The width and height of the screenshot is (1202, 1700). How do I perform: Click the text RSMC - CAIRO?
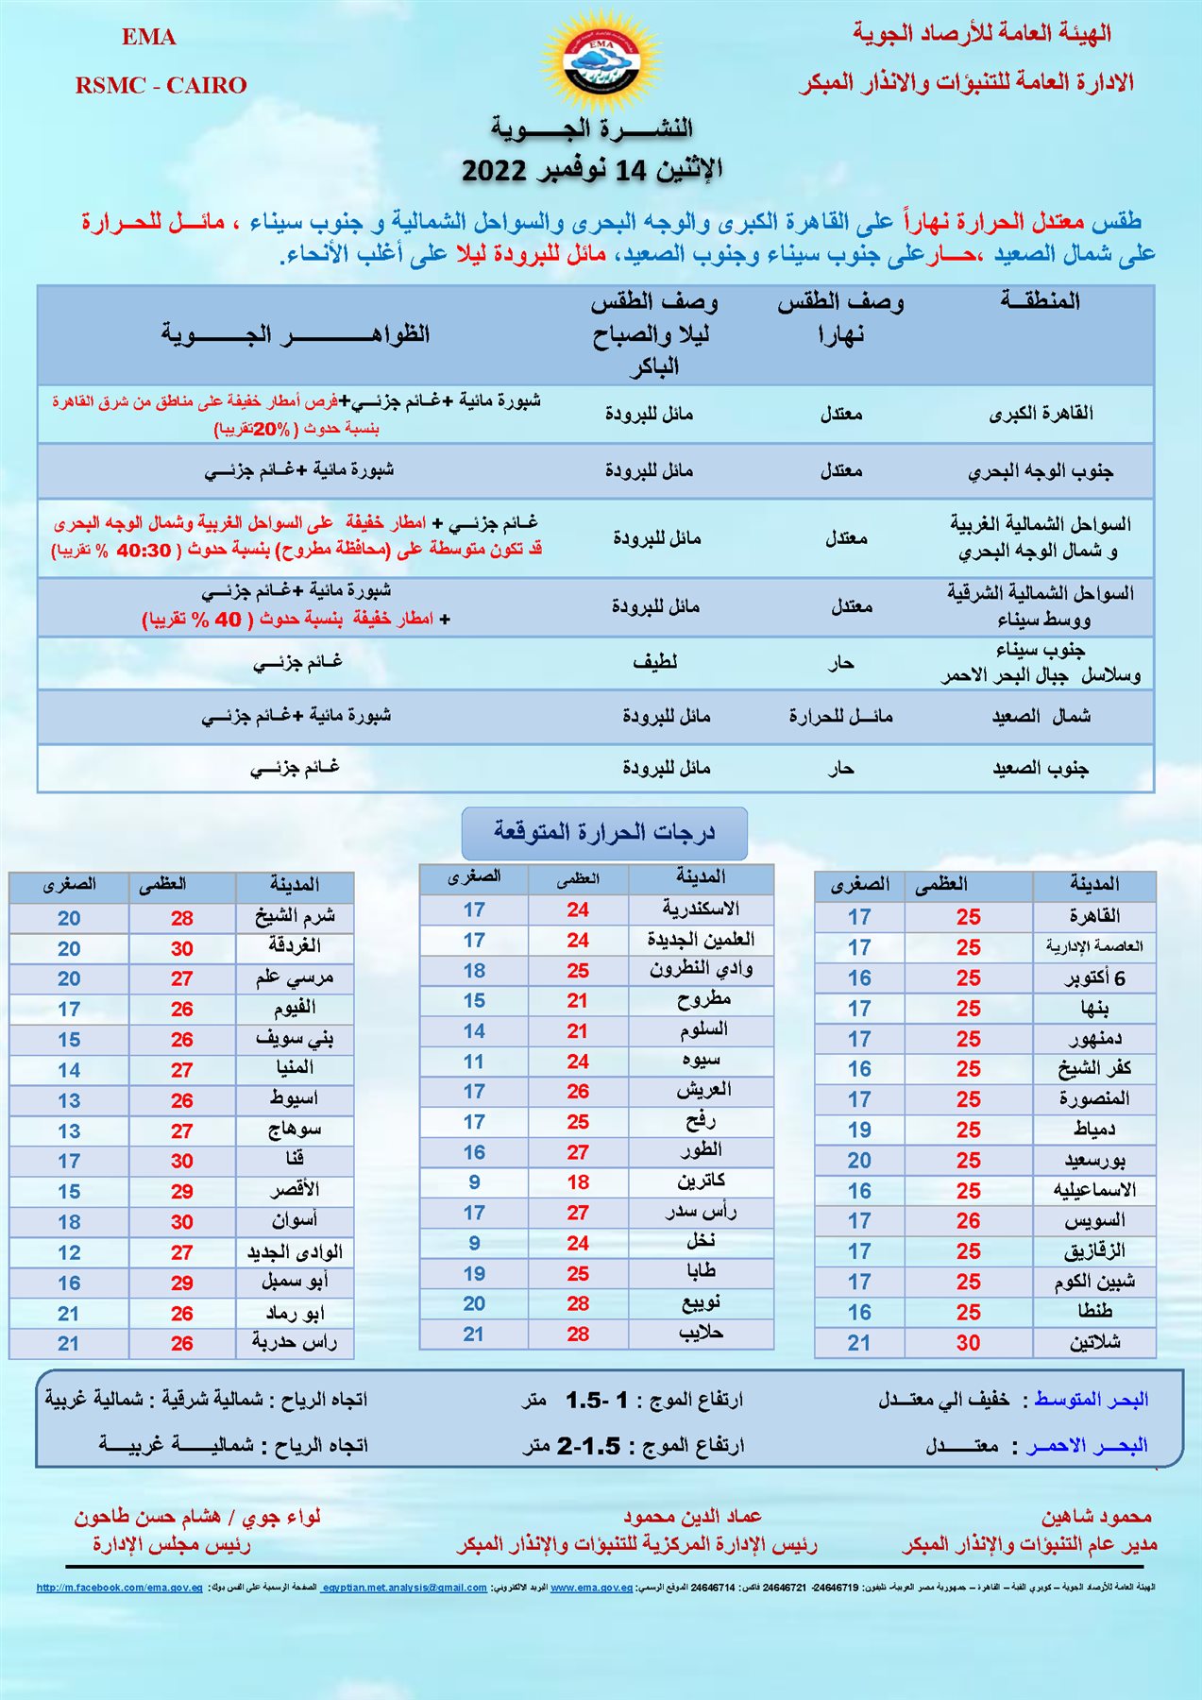(161, 85)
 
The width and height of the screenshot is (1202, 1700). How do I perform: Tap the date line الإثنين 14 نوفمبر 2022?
(592, 170)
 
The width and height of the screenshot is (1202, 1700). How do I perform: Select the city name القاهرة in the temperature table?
(1094, 916)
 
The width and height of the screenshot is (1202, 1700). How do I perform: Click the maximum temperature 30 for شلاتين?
(968, 1342)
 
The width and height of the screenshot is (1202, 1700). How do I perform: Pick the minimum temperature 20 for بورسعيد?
(859, 1160)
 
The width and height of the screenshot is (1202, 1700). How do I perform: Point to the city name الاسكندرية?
(701, 909)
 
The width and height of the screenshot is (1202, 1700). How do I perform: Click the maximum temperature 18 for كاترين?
(578, 1181)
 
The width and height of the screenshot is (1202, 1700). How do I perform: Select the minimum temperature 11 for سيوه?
(474, 1061)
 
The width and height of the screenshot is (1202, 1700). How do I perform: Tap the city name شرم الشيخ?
(295, 917)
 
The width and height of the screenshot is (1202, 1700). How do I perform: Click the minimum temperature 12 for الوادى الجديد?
(69, 1252)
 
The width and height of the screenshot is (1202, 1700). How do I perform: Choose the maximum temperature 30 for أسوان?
(182, 1221)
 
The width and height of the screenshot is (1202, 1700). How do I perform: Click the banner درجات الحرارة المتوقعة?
(604, 832)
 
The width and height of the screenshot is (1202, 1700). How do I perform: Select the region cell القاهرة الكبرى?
(1041, 414)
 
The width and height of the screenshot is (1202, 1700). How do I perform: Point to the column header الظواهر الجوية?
(295, 334)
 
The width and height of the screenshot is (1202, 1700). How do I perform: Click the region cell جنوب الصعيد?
(1041, 768)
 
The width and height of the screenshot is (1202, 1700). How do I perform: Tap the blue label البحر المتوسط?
(1092, 1400)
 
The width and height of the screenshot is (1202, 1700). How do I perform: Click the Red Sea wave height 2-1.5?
(588, 1446)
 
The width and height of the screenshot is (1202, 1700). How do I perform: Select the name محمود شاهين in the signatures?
(1096, 1517)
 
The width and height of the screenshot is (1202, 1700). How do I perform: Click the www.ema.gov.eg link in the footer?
(591, 1588)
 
